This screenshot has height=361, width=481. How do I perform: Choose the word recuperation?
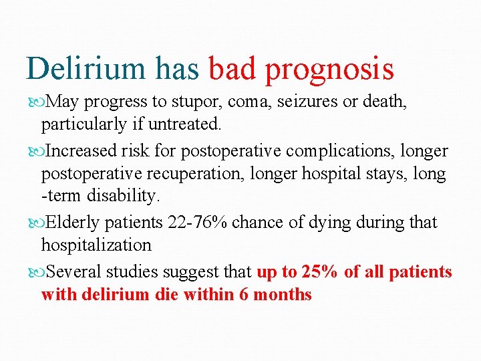click(x=193, y=174)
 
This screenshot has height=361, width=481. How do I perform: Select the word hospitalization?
click(x=96, y=245)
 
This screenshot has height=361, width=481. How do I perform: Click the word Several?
click(x=73, y=272)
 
